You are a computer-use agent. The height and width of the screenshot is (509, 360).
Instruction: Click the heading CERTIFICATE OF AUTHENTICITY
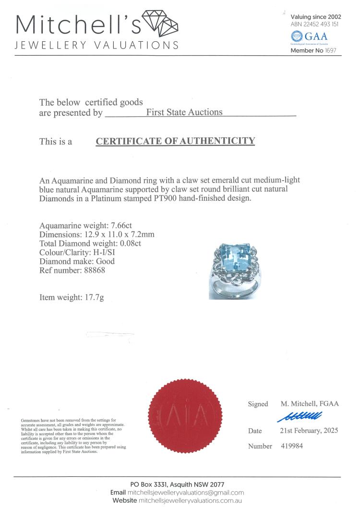(x=175, y=141)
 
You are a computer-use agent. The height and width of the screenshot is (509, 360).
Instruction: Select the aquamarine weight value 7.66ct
(x=129, y=225)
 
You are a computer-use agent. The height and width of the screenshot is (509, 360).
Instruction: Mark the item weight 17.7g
(x=92, y=298)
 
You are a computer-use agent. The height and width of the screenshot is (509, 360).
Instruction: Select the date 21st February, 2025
(x=309, y=431)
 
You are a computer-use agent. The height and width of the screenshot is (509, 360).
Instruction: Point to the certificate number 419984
(x=291, y=446)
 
